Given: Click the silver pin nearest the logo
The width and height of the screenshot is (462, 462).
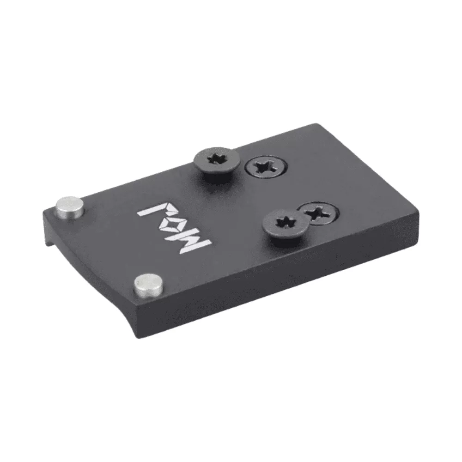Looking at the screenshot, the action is coord(70,207).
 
